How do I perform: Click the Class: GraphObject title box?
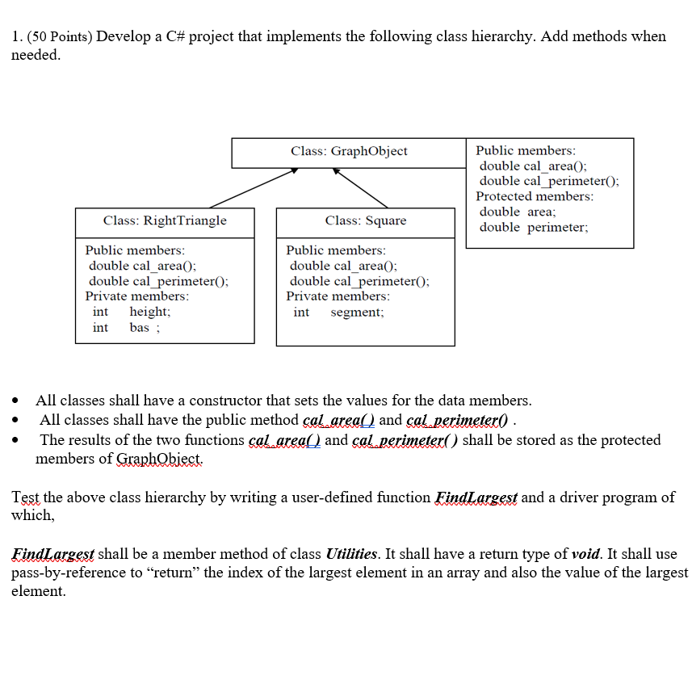tap(349, 152)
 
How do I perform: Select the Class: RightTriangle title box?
tap(165, 221)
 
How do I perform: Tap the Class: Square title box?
tap(366, 221)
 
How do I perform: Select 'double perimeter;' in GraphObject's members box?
tap(534, 227)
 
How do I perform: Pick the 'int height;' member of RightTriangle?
tap(131, 312)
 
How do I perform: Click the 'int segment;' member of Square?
tap(338, 312)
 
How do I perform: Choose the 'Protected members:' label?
tap(534, 196)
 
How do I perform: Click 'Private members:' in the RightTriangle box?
tap(137, 296)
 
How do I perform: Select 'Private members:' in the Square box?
tap(338, 296)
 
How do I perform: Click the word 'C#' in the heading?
tap(199, 36)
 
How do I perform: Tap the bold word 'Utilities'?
tap(350, 554)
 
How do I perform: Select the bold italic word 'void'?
tap(585, 554)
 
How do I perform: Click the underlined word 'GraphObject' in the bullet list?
tap(160, 459)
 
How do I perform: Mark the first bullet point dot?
tap(15, 401)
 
